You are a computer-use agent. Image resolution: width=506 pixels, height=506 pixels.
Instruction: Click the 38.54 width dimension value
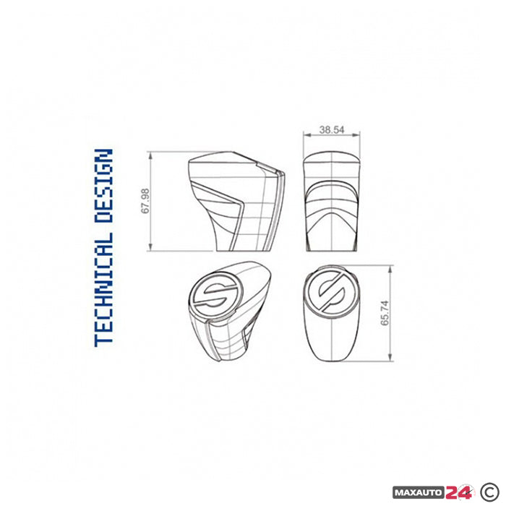(332, 130)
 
